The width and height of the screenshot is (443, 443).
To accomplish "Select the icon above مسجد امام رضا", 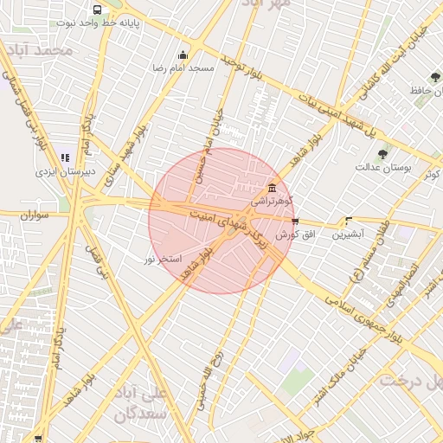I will pos(183,55).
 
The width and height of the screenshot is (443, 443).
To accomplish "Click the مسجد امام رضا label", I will pos(183,67).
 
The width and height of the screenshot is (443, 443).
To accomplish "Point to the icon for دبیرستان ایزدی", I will pos(64,158).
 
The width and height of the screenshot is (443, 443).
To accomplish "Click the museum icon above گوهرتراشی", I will pos(273,188).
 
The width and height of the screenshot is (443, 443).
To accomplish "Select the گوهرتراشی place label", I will pos(273,200).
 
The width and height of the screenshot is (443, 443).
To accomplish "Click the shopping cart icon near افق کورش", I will pos(296,222).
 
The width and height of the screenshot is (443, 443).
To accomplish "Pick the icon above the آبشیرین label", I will pos(349,221).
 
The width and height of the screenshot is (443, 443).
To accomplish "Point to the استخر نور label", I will pos(162,258).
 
